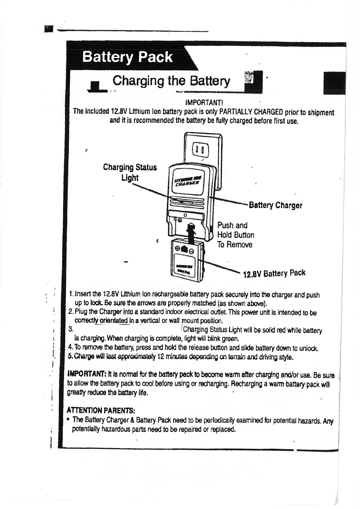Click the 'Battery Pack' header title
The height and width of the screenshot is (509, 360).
(127, 57)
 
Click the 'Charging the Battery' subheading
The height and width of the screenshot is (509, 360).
(171, 81)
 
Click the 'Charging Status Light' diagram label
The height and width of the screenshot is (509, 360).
(130, 172)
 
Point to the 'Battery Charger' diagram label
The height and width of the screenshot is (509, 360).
(275, 205)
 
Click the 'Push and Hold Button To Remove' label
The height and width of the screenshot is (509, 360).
(236, 235)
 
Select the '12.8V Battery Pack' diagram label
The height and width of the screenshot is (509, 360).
(274, 273)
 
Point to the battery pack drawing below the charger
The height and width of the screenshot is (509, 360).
(187, 260)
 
